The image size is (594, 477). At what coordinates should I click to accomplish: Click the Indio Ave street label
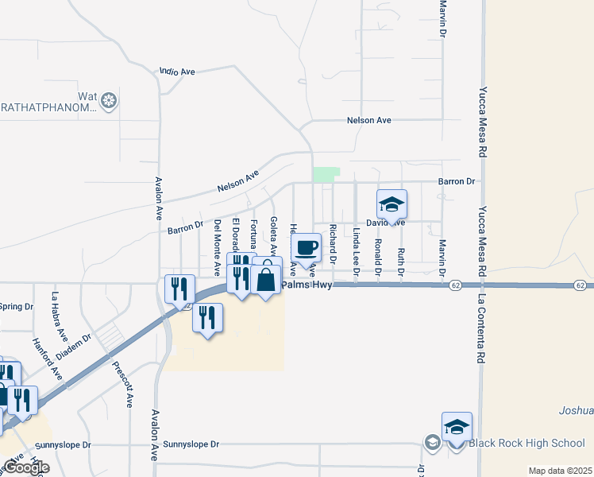click(x=177, y=72)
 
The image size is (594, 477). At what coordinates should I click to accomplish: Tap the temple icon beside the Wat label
click(x=109, y=101)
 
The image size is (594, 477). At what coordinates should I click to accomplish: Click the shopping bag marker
click(x=267, y=280)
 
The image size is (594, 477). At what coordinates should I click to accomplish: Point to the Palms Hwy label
click(x=306, y=284)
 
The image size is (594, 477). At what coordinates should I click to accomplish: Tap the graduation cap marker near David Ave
click(x=391, y=206)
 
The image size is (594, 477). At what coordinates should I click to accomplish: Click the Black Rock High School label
click(x=526, y=443)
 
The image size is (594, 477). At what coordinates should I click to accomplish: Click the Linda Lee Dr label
click(x=357, y=250)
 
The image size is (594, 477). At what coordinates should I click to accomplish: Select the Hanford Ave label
click(x=48, y=357)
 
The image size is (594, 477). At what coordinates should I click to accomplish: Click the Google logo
click(x=25, y=467)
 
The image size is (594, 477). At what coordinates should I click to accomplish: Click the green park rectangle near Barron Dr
click(x=326, y=175)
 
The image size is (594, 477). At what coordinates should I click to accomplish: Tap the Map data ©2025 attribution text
click(x=560, y=471)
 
